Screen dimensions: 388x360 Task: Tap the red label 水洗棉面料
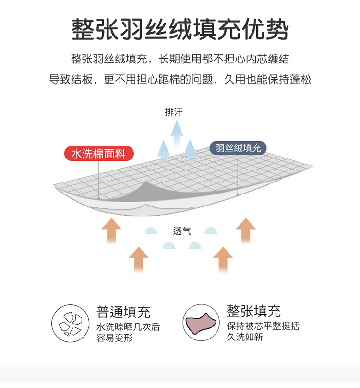tap(99, 154)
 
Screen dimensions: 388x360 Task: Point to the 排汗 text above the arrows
tap(174, 112)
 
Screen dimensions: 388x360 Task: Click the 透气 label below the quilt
tap(182, 231)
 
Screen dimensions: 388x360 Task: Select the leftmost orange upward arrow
tap(111, 230)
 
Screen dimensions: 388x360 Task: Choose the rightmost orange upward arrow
tap(246, 230)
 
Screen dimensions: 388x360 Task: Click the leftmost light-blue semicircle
tap(151, 231)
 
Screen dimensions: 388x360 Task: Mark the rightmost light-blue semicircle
tap(211, 231)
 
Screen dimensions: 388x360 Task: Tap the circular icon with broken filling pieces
tap(70, 323)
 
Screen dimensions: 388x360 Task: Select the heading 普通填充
tap(123, 312)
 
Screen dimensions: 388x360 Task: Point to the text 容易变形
tap(114, 338)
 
